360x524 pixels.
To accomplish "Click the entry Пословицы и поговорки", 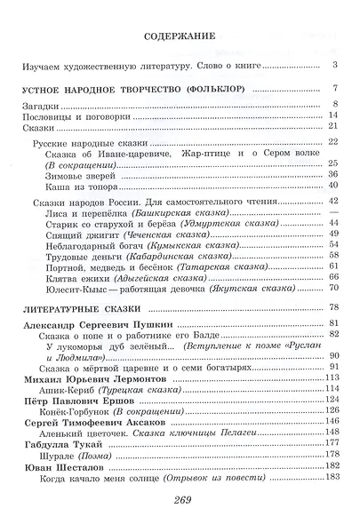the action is (67, 116).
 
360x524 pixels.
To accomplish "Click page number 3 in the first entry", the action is (337, 66).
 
